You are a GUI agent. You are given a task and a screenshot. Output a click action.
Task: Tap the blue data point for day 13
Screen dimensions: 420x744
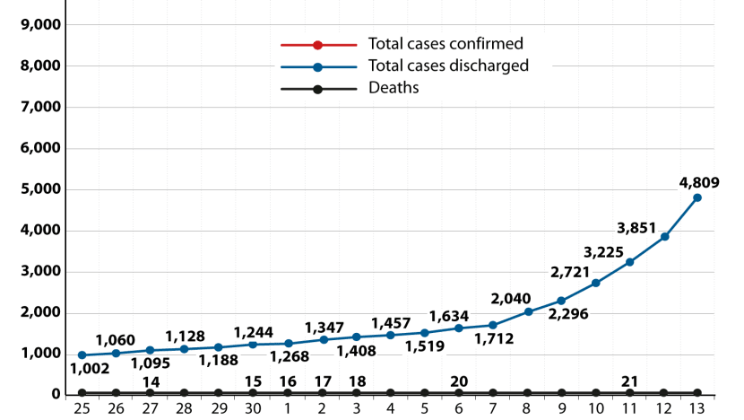(697, 197)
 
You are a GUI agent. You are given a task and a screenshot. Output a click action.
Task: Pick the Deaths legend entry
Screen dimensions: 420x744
(394, 88)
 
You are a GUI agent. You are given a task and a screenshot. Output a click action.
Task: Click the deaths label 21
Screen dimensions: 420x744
(629, 381)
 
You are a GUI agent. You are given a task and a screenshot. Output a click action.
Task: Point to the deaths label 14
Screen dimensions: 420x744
(151, 381)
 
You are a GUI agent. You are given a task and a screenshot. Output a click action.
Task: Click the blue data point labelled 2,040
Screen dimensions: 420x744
(528, 311)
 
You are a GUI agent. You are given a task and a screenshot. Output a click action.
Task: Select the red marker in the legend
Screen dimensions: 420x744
(317, 44)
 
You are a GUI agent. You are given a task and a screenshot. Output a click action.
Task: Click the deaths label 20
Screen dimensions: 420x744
(459, 381)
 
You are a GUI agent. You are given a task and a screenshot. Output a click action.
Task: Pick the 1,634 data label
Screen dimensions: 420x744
(449, 316)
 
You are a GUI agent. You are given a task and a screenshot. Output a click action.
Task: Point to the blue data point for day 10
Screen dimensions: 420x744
(596, 283)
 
